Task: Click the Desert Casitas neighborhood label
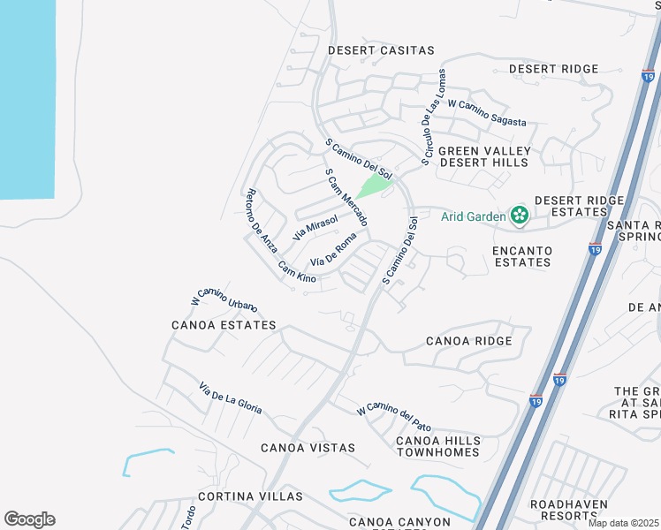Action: click(x=381, y=50)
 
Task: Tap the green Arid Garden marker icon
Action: click(x=519, y=215)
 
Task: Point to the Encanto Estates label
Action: click(x=522, y=256)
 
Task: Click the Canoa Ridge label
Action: click(x=468, y=341)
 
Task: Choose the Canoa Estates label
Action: click(x=224, y=325)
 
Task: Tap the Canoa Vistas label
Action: click(x=308, y=448)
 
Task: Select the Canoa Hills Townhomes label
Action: click(x=438, y=446)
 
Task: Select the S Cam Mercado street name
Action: click(x=346, y=197)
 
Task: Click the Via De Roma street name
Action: click(x=333, y=249)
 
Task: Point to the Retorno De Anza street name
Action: click(x=262, y=223)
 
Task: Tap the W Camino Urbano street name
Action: click(x=224, y=299)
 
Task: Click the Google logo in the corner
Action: click(x=29, y=519)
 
